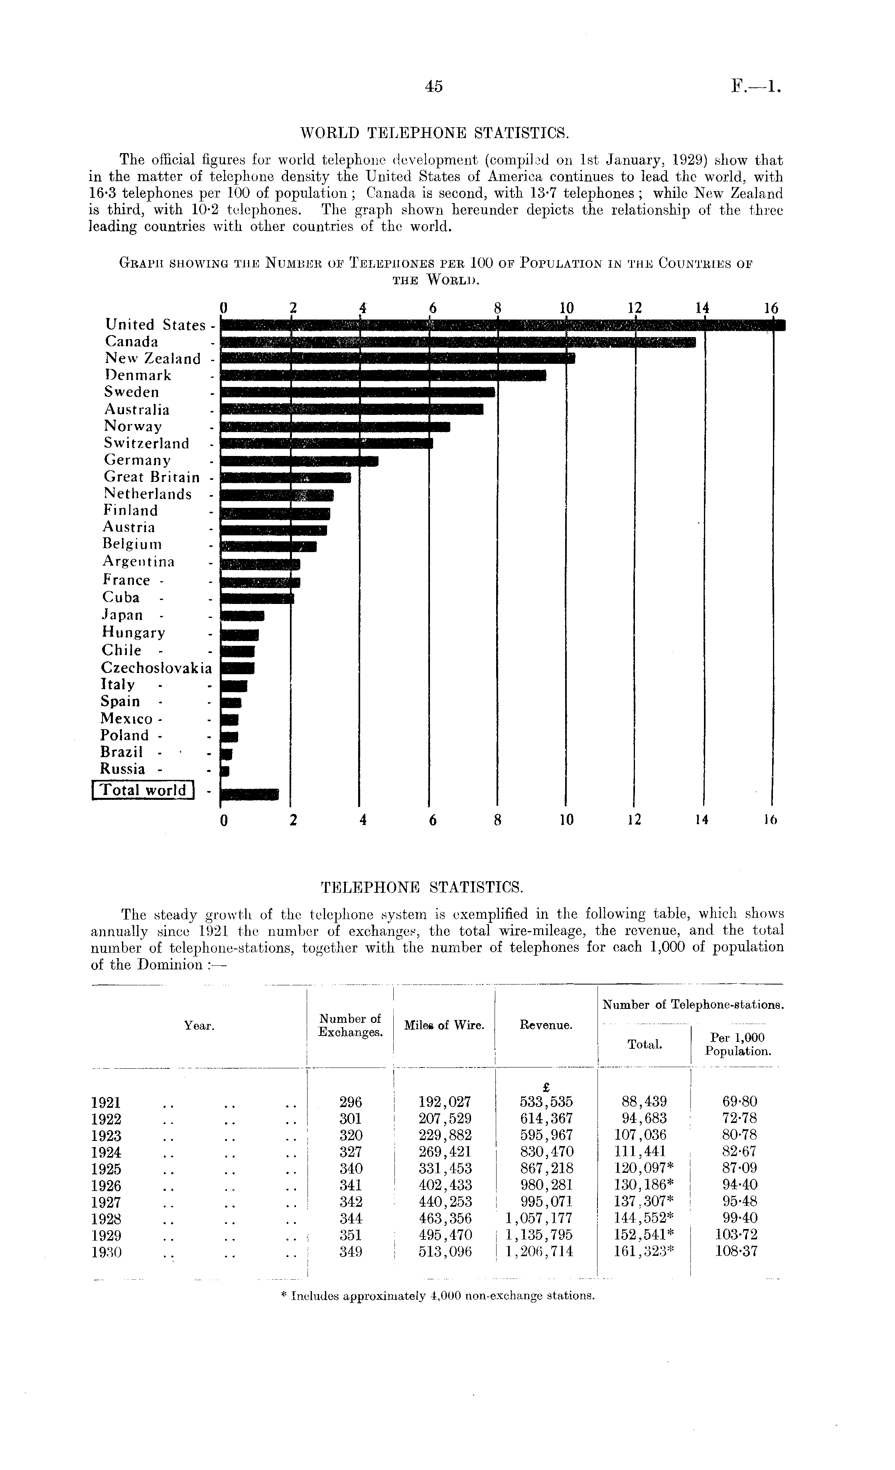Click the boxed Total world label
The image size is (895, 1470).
pyautogui.click(x=143, y=790)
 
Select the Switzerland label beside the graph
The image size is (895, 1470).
pyautogui.click(x=147, y=443)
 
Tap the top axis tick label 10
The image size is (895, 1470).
pyautogui.click(x=566, y=308)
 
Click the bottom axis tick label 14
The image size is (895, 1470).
pyautogui.click(x=702, y=820)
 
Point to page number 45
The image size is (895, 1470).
pyautogui.click(x=434, y=87)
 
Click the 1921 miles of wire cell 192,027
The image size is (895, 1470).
pyautogui.click(x=445, y=1101)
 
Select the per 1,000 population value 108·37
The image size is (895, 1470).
pyautogui.click(x=736, y=1252)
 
